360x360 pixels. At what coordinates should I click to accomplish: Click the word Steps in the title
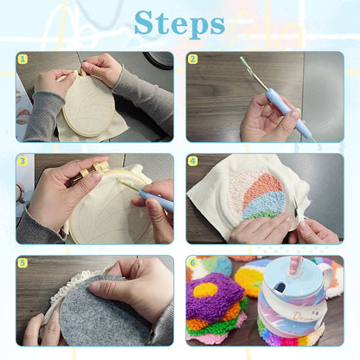click(179, 22)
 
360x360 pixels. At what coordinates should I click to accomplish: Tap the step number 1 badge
click(22, 60)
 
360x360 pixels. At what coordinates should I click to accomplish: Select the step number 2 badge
click(193, 60)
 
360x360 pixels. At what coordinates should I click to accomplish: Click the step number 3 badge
click(22, 160)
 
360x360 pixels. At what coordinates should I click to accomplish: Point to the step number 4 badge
click(193, 160)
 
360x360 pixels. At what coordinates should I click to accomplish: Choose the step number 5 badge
click(22, 262)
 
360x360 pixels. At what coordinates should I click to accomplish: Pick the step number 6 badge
click(193, 262)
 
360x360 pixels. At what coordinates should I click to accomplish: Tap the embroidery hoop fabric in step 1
click(90, 106)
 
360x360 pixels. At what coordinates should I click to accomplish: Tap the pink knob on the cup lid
click(296, 260)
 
